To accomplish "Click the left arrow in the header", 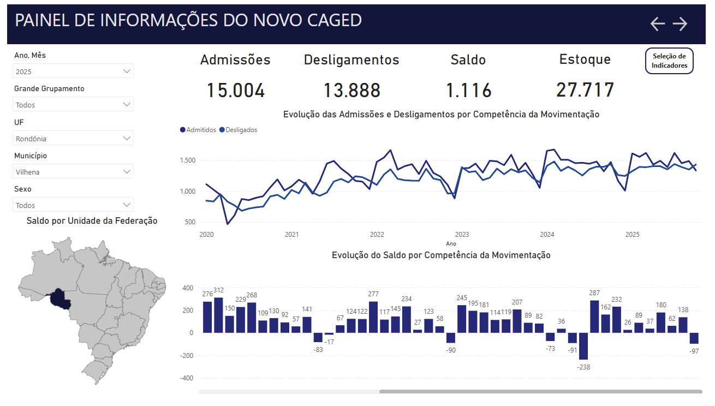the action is click(x=658, y=24).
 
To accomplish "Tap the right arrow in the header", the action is click(x=680, y=24).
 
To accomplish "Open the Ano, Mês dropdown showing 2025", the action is click(x=73, y=71).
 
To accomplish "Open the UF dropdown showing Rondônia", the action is click(x=73, y=138).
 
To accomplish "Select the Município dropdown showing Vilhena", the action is click(x=73, y=171).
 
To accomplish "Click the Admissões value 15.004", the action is click(x=236, y=91).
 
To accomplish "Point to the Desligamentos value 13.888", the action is click(x=351, y=91).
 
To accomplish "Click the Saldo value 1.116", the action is click(x=468, y=91).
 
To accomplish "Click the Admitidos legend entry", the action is click(x=198, y=130).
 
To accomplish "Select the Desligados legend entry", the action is click(x=238, y=130).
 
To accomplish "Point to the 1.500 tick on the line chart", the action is click(x=188, y=160).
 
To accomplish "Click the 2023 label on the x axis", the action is click(x=462, y=235).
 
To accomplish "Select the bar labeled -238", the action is click(x=583, y=346).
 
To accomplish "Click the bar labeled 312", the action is click(x=218, y=315).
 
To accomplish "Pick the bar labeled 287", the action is click(x=594, y=317).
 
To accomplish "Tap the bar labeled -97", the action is click(x=694, y=338).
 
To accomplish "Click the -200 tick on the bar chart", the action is click(x=187, y=356).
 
